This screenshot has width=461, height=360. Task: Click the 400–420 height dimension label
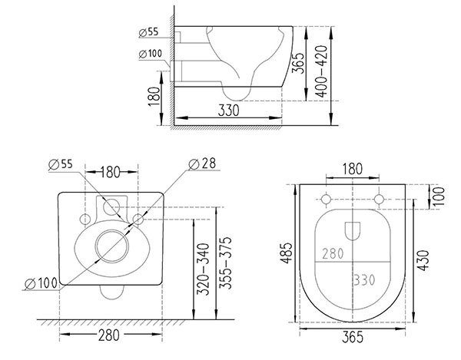pyautogui.click(x=321, y=71)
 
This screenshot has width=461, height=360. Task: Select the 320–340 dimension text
pyautogui.click(x=203, y=269)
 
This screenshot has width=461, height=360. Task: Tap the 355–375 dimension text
pyautogui.click(x=225, y=263)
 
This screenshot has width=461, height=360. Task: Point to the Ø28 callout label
pyautogui.click(x=202, y=163)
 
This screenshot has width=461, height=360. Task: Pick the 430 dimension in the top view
pyautogui.click(x=423, y=260)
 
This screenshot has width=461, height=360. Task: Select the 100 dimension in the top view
pyautogui.click(x=439, y=197)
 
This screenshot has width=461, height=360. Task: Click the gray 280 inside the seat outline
pyautogui.click(x=333, y=254)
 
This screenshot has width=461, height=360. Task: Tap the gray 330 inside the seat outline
pyautogui.click(x=364, y=280)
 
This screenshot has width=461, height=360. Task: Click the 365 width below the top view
pyautogui.click(x=353, y=337)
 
